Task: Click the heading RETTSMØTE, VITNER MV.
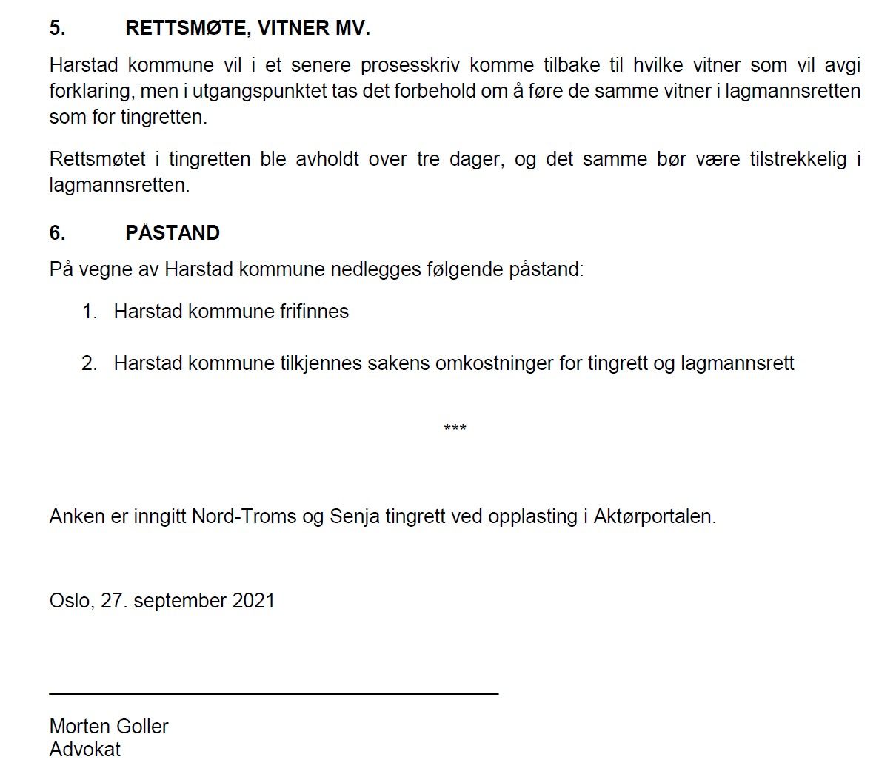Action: coord(247,28)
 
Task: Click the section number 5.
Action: coord(58,28)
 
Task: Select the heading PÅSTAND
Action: coord(173,232)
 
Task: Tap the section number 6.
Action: coord(58,232)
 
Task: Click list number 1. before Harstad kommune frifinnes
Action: coord(90,311)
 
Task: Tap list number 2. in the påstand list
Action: coord(90,363)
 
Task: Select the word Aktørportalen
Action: coord(655,516)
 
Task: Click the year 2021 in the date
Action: coord(253,600)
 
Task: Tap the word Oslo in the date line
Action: coord(70,600)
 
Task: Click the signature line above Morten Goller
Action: coord(274,693)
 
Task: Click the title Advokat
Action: coord(85,749)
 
